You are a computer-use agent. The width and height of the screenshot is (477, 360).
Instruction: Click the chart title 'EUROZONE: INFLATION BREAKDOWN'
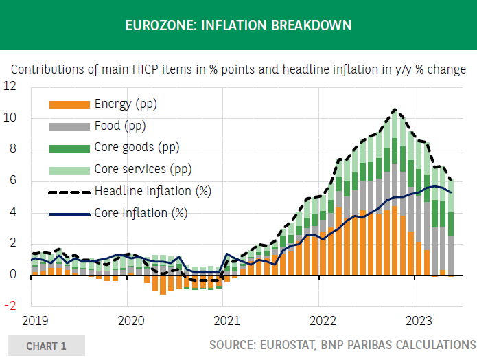[x=238, y=25]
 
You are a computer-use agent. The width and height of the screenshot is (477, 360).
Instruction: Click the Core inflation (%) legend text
[x=141, y=213]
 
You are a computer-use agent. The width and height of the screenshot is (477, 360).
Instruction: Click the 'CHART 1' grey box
[x=46, y=346]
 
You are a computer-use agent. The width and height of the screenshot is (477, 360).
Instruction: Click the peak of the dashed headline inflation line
[x=395, y=109]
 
